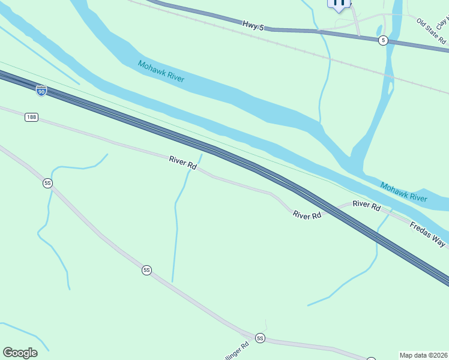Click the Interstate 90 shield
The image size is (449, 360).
41,91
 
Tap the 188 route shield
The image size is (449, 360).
32,117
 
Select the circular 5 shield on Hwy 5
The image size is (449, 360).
383,40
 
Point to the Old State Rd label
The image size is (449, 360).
432,31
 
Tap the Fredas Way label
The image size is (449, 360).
428,234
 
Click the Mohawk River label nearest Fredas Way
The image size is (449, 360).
403,191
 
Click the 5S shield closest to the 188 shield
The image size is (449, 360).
48,183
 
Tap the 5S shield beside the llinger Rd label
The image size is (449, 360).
260,338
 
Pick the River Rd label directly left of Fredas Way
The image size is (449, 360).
367,205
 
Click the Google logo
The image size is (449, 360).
20,353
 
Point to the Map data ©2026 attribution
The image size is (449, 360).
423,355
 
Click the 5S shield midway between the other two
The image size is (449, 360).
146,271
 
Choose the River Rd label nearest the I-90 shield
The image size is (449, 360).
183,162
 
